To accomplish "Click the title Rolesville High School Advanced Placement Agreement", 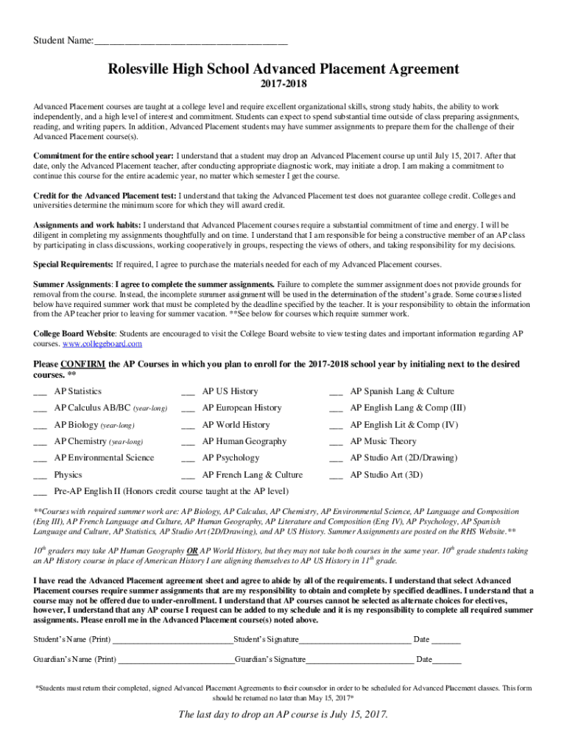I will [x=283, y=69].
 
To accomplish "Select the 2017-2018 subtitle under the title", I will [x=283, y=88].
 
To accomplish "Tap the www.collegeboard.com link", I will [x=102, y=344].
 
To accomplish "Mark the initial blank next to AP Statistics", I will [x=40, y=392].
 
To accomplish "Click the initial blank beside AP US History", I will [x=188, y=392].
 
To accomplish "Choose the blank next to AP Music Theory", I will [x=336, y=443].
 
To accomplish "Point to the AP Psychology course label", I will [x=230, y=458].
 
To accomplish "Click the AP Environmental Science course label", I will [x=104, y=458].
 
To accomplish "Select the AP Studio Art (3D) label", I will [x=386, y=475].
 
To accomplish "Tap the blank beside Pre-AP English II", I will [x=40, y=492].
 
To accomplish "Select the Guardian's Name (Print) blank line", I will [x=175, y=660].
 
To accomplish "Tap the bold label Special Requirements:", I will [x=73, y=264].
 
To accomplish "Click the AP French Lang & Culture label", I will [x=252, y=475].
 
